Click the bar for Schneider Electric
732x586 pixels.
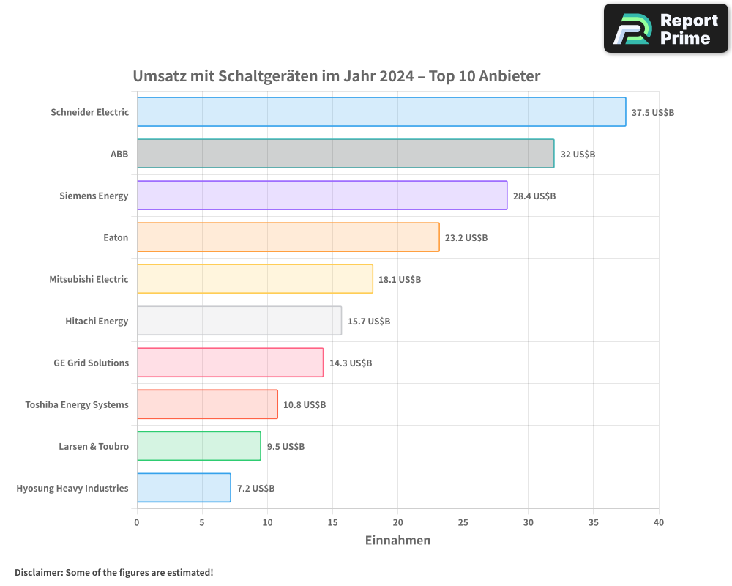click(381, 112)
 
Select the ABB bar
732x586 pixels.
click(345, 154)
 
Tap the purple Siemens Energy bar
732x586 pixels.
click(321, 196)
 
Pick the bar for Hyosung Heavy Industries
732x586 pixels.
click(184, 488)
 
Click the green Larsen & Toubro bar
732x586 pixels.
click(198, 446)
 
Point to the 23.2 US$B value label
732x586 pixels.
click(466, 238)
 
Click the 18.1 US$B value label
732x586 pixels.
click(400, 280)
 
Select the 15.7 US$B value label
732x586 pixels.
click(369, 322)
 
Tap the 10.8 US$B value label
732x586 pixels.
click(305, 405)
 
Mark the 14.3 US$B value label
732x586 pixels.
click(351, 363)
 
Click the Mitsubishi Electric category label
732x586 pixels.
click(89, 279)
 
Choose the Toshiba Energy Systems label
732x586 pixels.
click(77, 404)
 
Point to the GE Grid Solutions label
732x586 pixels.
click(91, 363)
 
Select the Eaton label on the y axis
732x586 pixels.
click(116, 237)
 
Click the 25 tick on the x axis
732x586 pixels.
click(463, 522)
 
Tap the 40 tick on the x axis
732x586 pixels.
click(659, 522)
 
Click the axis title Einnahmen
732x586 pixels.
click(397, 541)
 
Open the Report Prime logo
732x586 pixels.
click(665, 29)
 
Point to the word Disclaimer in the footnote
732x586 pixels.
click(38, 572)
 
